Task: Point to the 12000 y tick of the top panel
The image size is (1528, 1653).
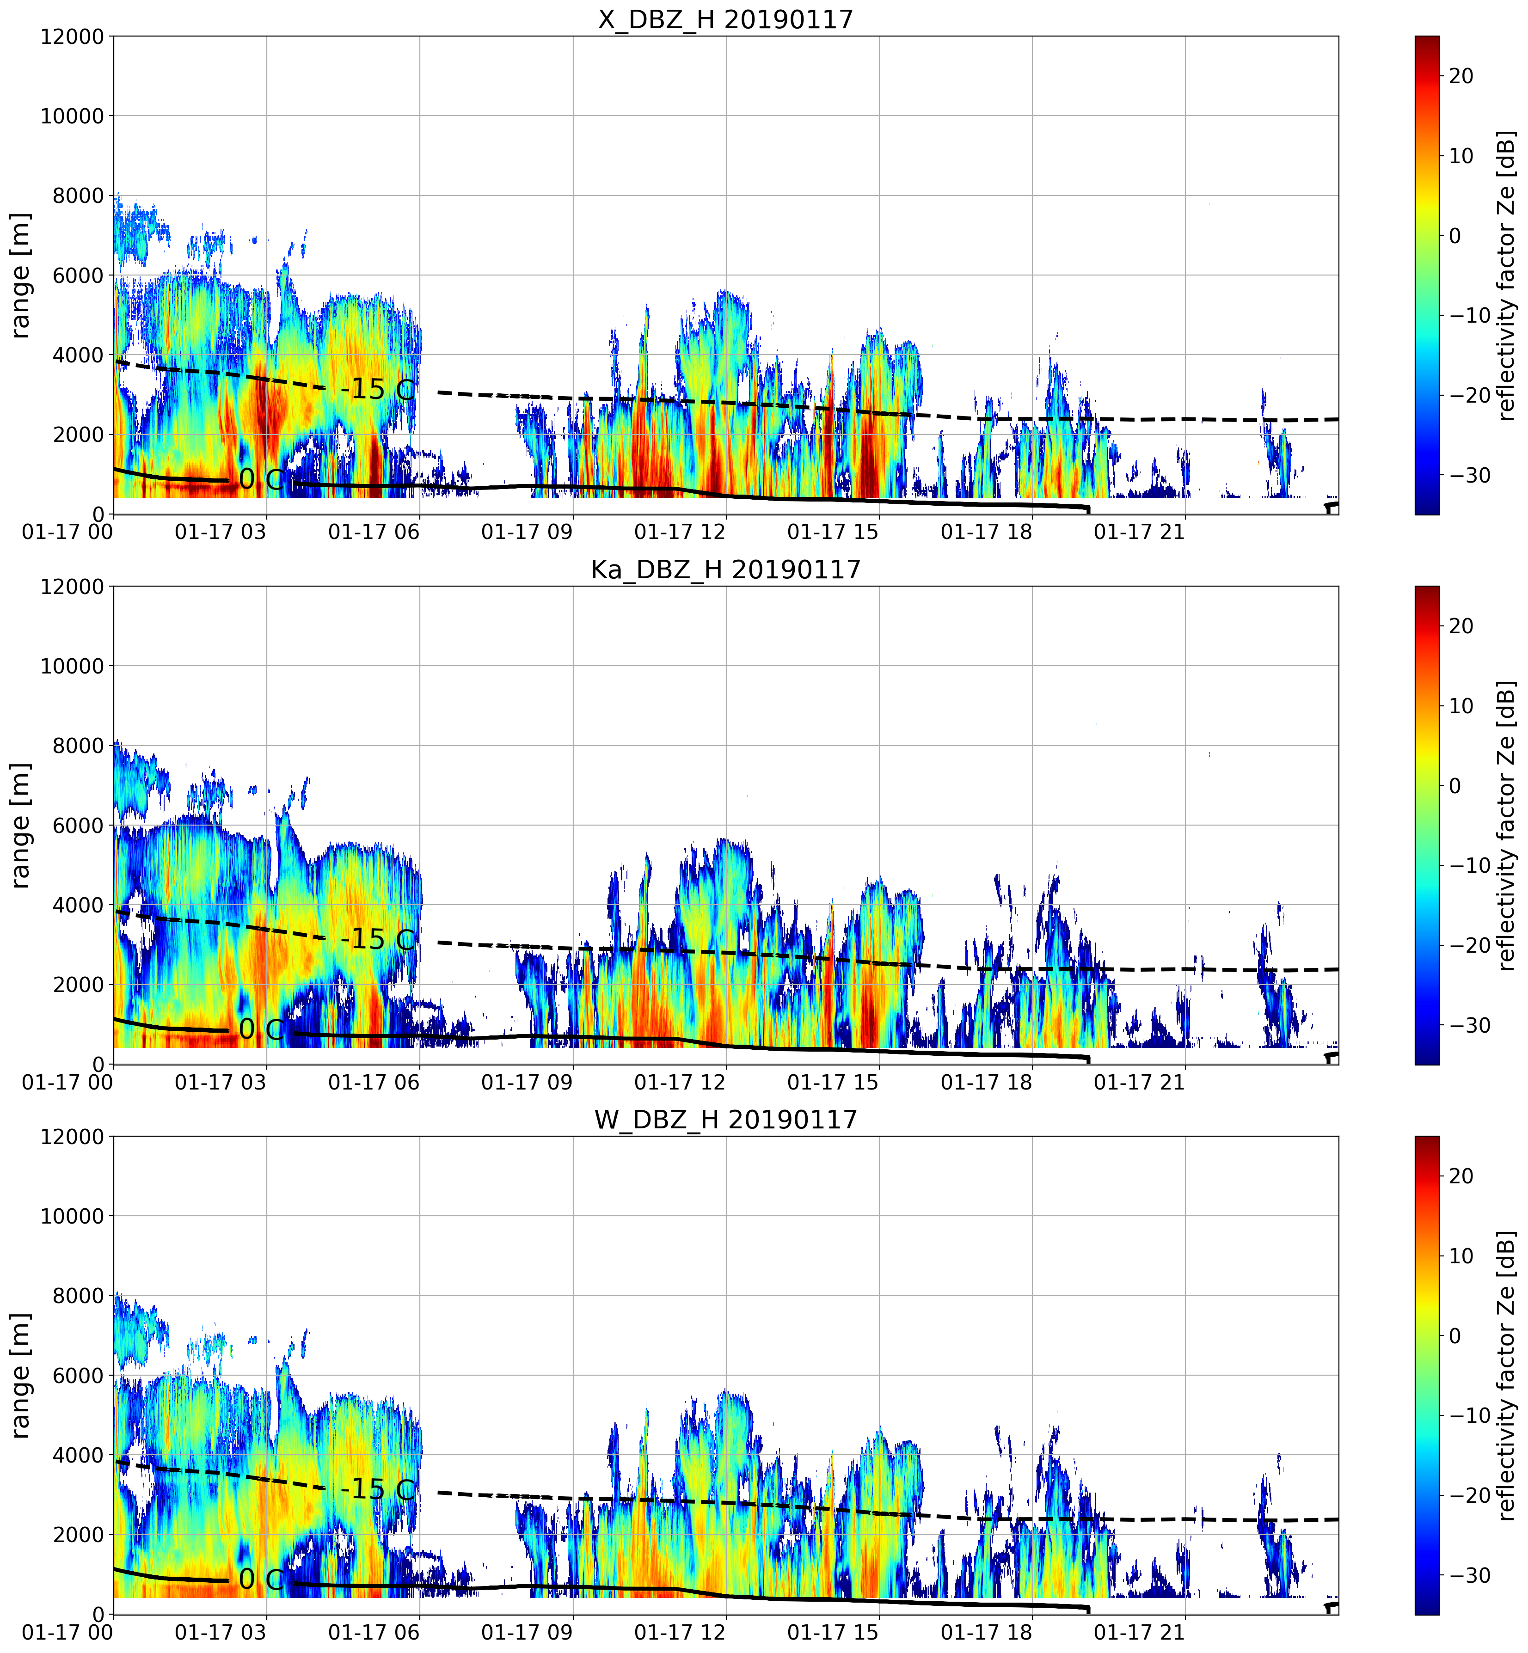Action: click(73, 37)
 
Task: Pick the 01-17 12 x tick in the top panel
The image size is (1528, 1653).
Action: click(680, 532)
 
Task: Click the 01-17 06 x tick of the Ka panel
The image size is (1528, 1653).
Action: click(374, 1082)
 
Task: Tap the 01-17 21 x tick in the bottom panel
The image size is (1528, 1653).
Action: click(1139, 1632)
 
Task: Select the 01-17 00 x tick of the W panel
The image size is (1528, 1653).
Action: click(68, 1632)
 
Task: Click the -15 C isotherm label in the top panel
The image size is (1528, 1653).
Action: click(378, 389)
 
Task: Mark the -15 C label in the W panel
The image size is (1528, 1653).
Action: click(378, 1489)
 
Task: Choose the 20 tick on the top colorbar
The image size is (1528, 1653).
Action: click(1461, 76)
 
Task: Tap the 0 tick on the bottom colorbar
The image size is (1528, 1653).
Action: click(1455, 1335)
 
